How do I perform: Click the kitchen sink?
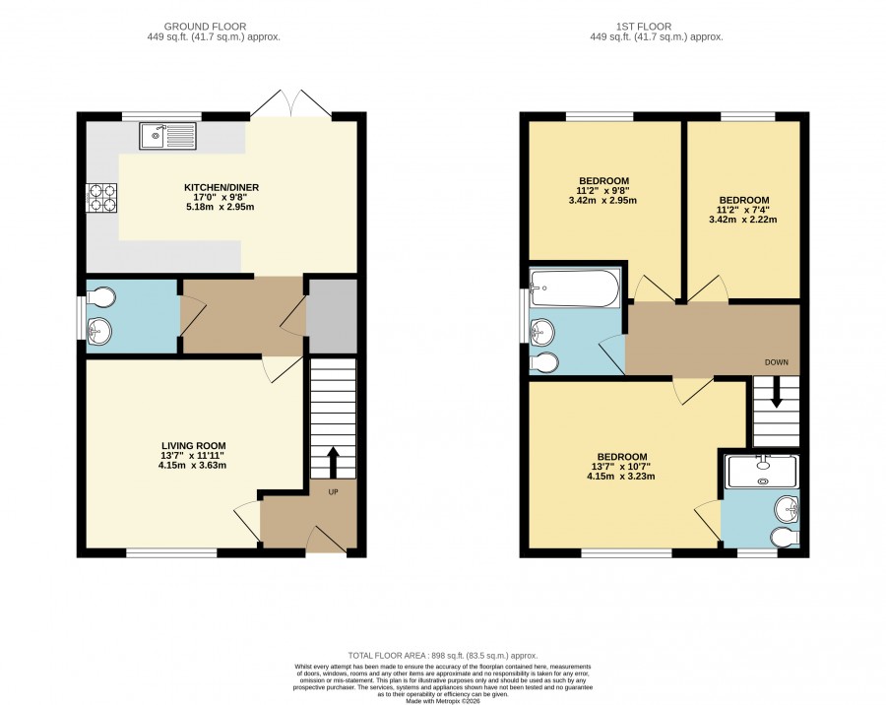[167, 136]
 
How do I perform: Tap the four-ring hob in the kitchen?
[101, 198]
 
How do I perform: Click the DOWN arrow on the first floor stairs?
[777, 392]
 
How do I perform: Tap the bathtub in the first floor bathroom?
[575, 288]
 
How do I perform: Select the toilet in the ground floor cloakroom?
[101, 296]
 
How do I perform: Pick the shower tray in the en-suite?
[763, 472]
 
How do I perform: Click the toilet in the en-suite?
[786, 537]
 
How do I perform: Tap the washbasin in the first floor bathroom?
[542, 331]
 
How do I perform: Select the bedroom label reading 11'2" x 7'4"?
[743, 210]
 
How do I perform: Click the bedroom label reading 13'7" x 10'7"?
[622, 467]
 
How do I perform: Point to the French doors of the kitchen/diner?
[292, 103]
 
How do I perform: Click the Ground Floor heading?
[205, 27]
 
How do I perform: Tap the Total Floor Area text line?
[442, 656]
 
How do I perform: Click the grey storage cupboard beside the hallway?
[332, 316]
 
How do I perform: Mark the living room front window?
[171, 552]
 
